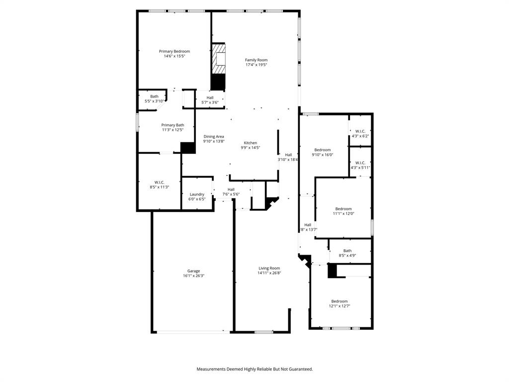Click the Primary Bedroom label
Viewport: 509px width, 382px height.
[174, 51]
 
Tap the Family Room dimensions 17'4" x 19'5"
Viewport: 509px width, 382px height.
[256, 65]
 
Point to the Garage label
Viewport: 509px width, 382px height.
[193, 271]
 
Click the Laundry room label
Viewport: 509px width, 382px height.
[197, 194]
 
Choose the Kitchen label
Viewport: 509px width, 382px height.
[250, 143]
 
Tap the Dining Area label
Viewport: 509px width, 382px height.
[214, 136]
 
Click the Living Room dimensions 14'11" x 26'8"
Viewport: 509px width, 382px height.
[269, 273]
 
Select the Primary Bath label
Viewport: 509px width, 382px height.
[172, 125]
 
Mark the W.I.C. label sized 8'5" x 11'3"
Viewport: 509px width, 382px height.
[159, 182]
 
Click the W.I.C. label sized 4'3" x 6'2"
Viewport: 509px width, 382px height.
[360, 131]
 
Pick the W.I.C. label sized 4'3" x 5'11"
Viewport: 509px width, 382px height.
[360, 163]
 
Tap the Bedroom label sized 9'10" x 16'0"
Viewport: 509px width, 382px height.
[322, 150]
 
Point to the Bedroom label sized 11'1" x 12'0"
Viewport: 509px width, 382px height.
[343, 209]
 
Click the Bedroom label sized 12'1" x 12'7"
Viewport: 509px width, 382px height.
[339, 301]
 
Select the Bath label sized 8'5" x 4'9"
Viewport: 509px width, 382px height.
[347, 251]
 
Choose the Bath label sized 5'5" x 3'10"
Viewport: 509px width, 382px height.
[154, 96]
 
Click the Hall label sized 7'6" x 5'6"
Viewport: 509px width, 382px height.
[231, 190]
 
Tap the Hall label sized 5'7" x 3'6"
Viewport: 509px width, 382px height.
[210, 97]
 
